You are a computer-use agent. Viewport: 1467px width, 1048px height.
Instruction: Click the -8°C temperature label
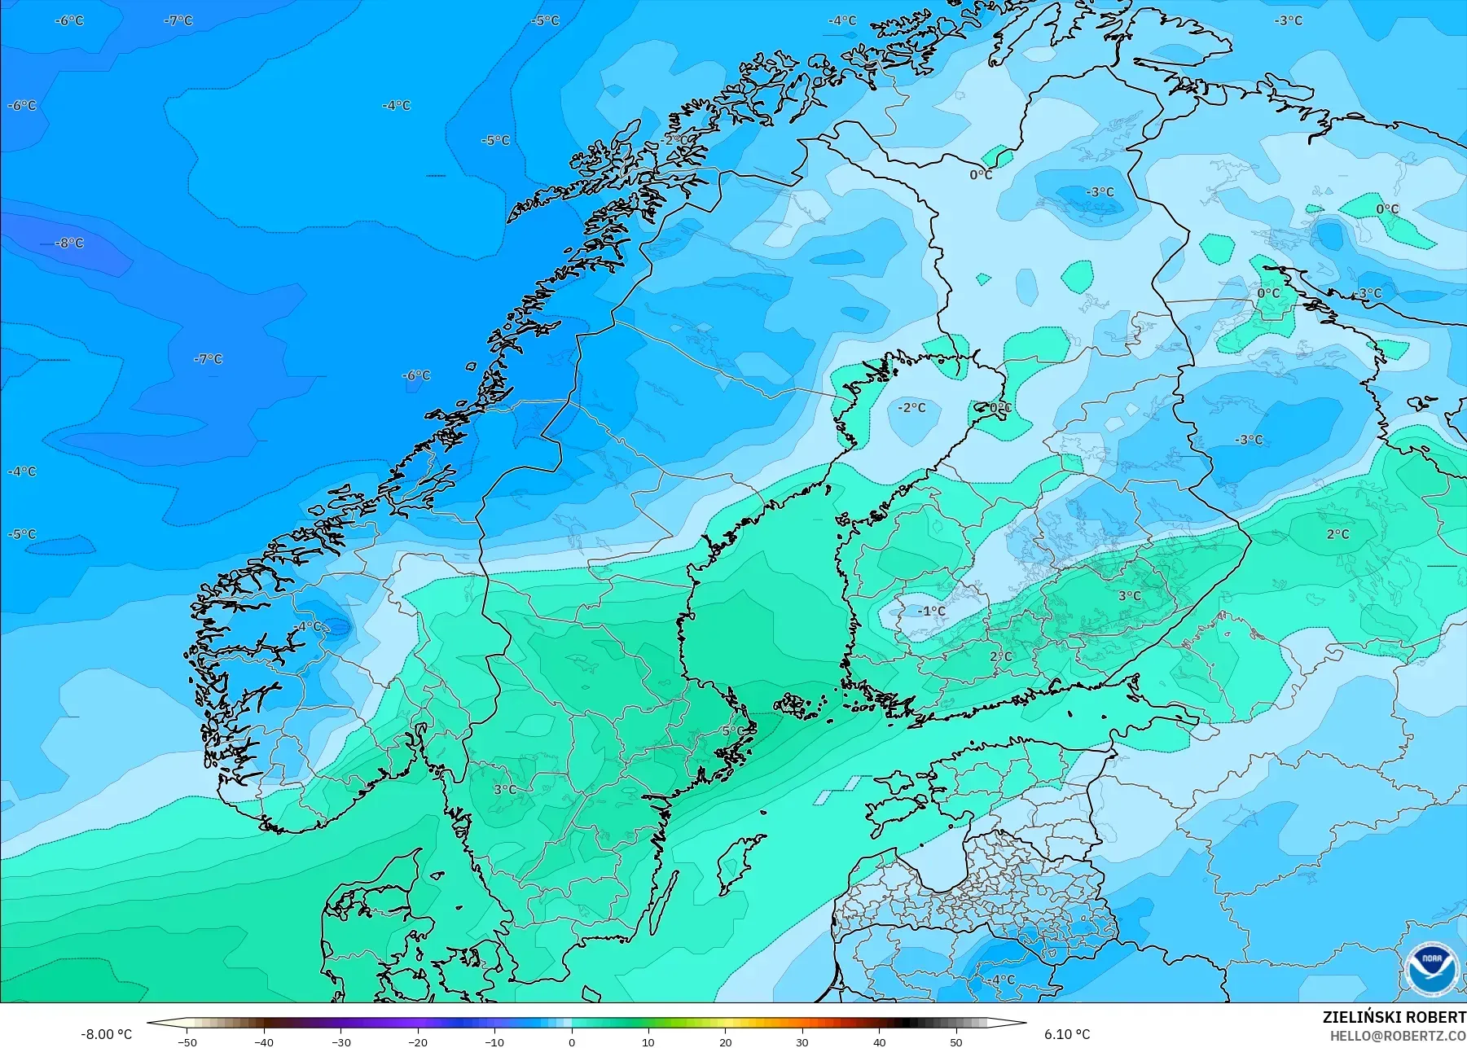tap(69, 243)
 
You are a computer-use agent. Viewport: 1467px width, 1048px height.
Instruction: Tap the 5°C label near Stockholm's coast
tap(733, 731)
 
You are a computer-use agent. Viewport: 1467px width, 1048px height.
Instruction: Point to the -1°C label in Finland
tap(931, 611)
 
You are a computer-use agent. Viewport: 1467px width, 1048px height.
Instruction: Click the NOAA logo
tap(1430, 968)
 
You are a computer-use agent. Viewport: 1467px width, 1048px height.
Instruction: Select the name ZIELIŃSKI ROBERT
tap(1394, 1017)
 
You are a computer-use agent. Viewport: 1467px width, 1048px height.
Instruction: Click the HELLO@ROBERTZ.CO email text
tap(1398, 1036)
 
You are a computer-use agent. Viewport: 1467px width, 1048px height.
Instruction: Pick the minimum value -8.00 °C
tap(106, 1034)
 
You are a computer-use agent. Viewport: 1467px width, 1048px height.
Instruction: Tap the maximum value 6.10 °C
tap(1066, 1034)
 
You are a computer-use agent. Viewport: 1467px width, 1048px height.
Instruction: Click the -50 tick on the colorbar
tap(187, 1041)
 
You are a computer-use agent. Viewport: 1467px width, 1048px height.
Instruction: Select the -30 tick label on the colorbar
tap(340, 1041)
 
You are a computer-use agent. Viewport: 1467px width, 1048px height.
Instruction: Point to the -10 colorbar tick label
tap(494, 1041)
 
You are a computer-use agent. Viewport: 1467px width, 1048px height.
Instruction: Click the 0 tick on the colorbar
tap(572, 1041)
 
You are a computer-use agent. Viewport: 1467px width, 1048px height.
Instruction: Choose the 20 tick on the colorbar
tap(725, 1041)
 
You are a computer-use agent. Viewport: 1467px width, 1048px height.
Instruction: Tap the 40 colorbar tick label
tap(879, 1041)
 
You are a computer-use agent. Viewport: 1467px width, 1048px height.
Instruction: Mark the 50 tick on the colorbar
tap(955, 1041)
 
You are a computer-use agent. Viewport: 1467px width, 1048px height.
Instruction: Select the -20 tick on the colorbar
tap(418, 1041)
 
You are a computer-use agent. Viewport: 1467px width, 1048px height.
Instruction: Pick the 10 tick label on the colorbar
tap(648, 1041)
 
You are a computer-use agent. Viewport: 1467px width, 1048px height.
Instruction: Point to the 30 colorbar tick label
tap(802, 1041)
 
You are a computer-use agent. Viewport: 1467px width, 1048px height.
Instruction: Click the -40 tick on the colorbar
tap(264, 1041)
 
